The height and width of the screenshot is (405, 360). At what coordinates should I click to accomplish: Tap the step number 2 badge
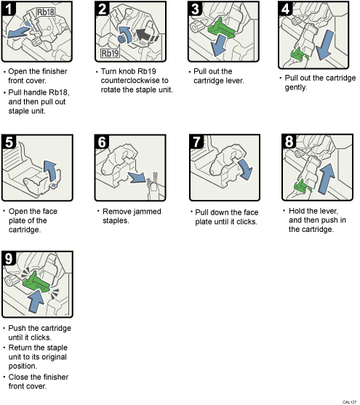point(103,9)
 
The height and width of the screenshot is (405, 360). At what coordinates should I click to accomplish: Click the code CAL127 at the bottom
point(349,400)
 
